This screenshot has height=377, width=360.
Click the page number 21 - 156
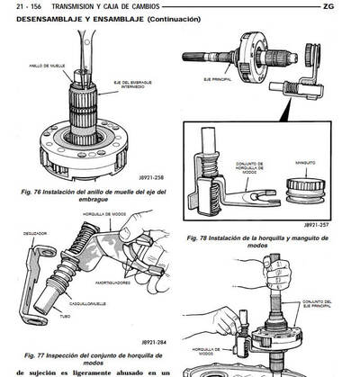click(x=25, y=6)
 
